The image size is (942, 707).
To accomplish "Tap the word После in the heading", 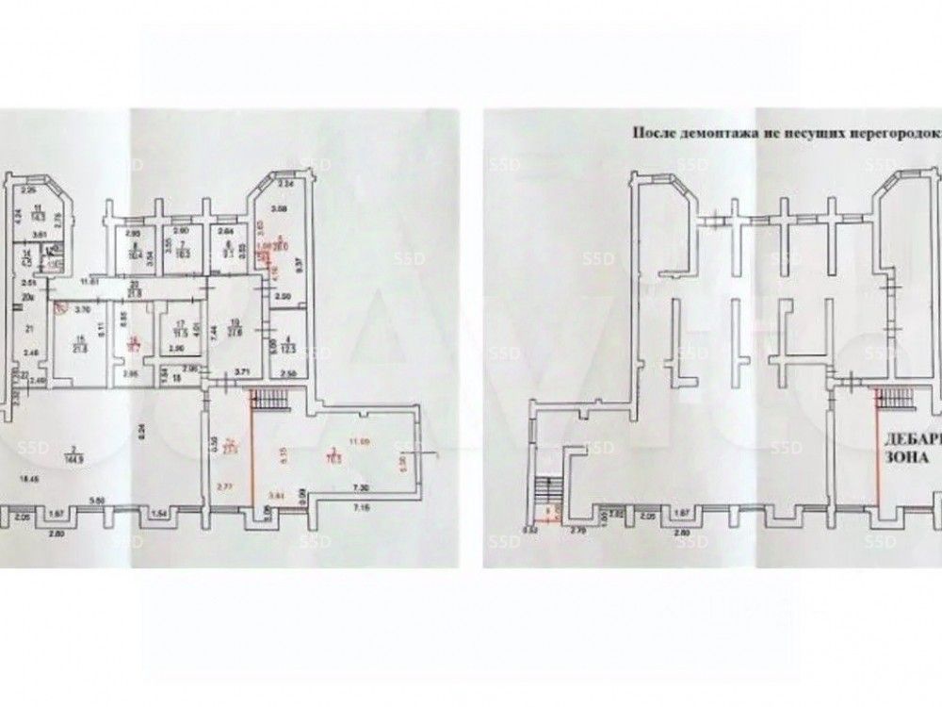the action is (x=649, y=133).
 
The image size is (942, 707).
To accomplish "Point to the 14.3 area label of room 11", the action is (x=38, y=216).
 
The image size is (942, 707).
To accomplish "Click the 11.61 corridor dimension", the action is (x=89, y=281).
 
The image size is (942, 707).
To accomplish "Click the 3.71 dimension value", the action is (x=240, y=373).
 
